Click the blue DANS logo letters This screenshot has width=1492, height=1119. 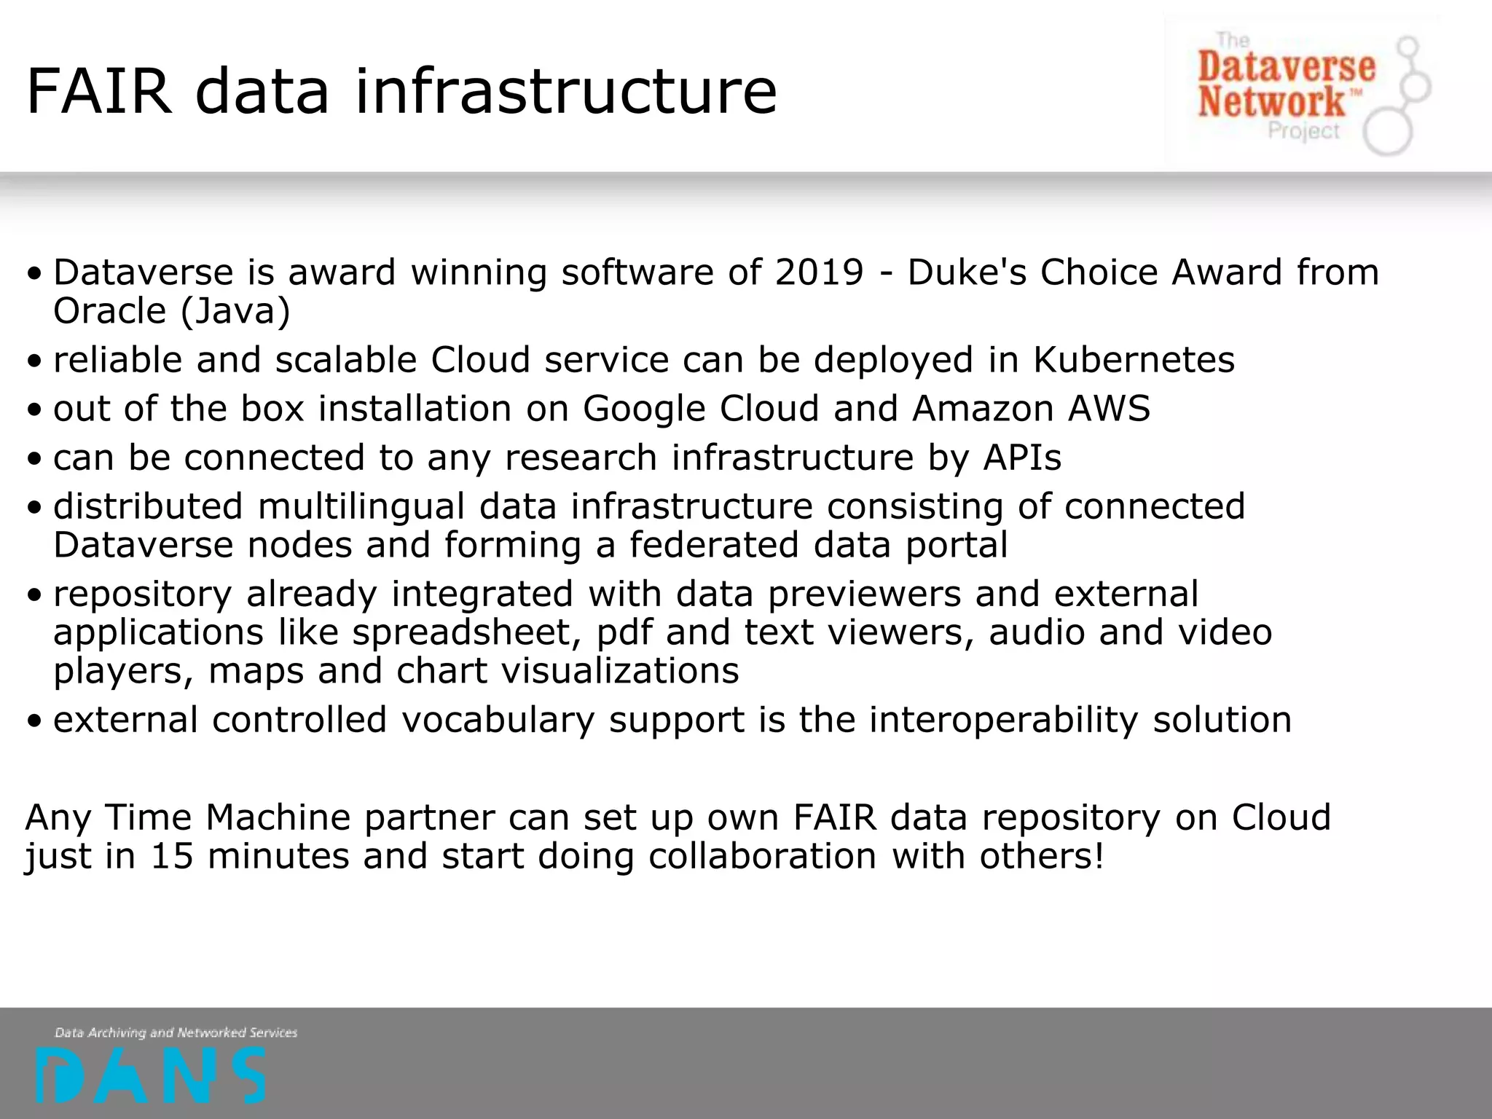[x=150, y=1075]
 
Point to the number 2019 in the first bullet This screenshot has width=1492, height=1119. [x=819, y=272]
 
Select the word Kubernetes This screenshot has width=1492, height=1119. [x=1134, y=360]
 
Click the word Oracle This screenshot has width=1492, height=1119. [x=110, y=311]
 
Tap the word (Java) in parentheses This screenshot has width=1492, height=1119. [x=235, y=312]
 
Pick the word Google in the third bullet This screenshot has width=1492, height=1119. [x=644, y=409]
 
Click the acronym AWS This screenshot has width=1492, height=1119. [x=1109, y=409]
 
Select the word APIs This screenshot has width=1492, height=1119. [x=1022, y=458]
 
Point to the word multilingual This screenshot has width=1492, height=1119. [x=361, y=506]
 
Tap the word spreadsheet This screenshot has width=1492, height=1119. [x=466, y=632]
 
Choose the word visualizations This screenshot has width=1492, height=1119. [x=620, y=671]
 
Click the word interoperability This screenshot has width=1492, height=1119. [x=1003, y=720]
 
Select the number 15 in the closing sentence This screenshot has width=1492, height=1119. [x=172, y=856]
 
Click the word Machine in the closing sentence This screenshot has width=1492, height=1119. [x=278, y=817]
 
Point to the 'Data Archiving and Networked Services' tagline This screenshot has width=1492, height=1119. [x=176, y=1032]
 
